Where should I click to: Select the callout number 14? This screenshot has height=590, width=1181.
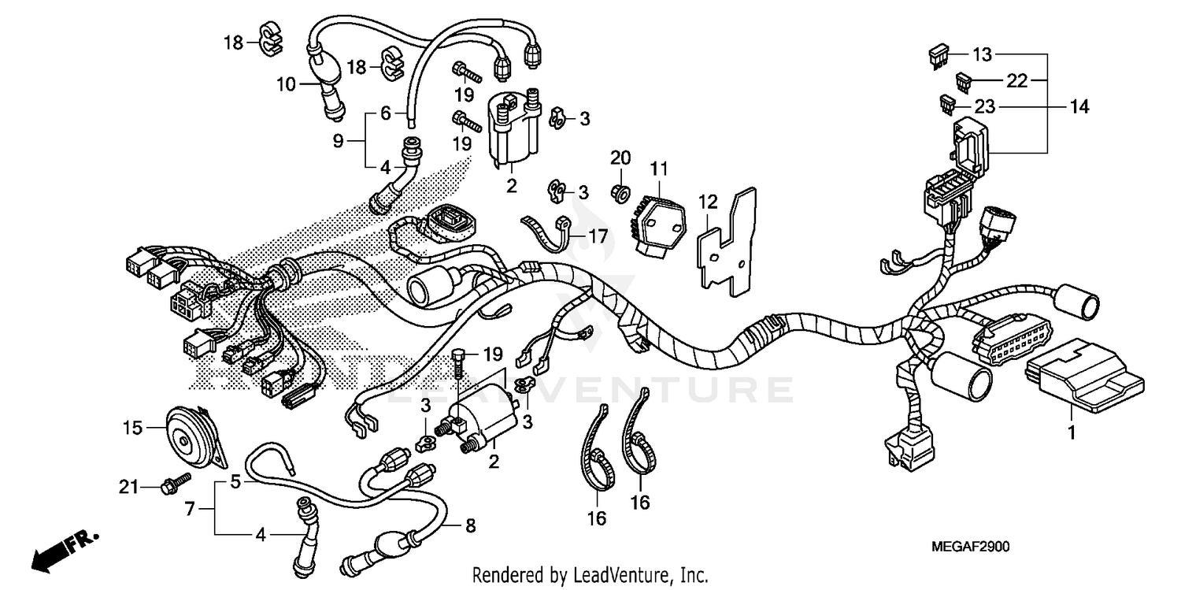pos(1079,106)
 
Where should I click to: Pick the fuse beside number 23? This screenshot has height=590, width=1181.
pos(949,103)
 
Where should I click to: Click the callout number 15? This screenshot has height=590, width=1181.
pos(132,428)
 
